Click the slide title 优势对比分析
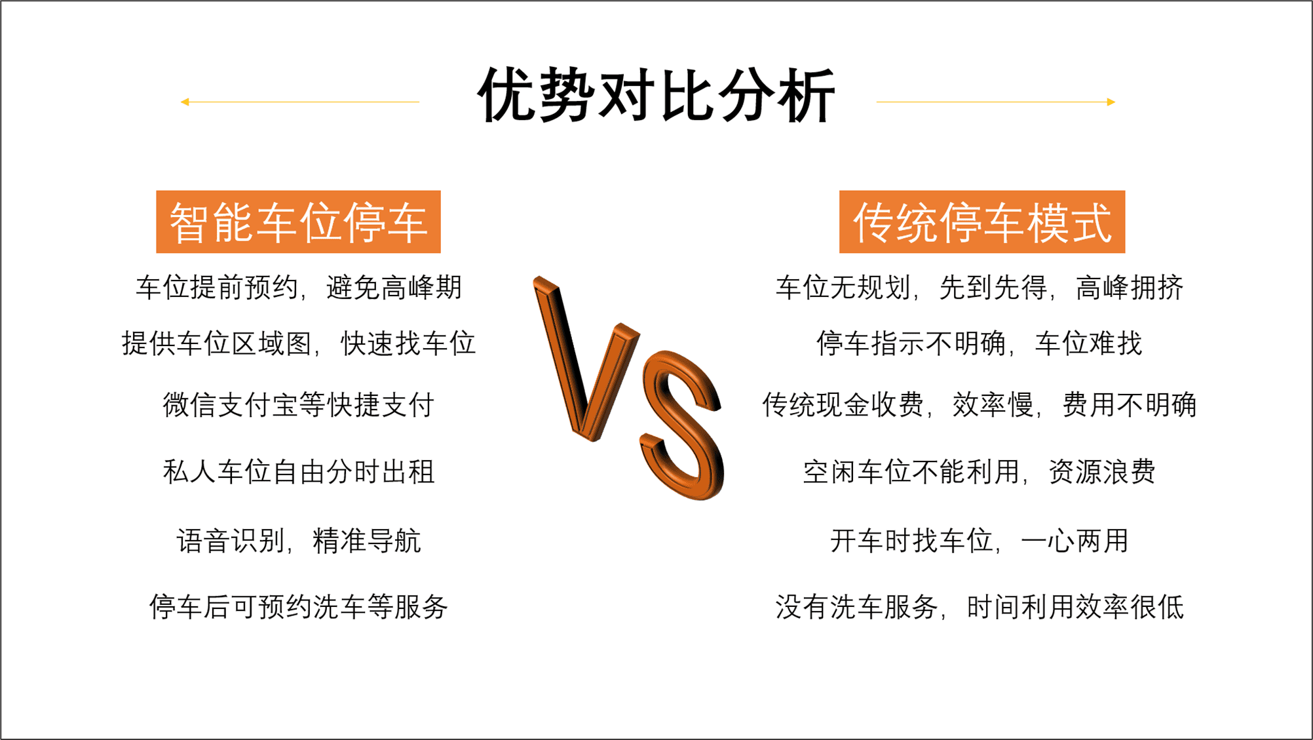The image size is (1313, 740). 656,96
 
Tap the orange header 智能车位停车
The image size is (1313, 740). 298,222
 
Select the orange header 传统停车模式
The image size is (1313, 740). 982,222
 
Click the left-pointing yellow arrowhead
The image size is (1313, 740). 185,102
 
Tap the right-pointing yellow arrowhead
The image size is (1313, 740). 1111,102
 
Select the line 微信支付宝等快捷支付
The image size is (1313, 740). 299,404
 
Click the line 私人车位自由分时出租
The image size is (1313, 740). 299,472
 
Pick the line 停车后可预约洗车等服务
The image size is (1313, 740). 299,606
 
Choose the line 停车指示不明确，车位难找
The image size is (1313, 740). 980,343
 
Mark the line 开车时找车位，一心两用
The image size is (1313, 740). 980,541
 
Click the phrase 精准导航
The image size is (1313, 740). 367,541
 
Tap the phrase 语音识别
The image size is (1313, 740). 231,541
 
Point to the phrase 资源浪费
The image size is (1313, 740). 1102,472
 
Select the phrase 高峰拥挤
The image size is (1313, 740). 1130,287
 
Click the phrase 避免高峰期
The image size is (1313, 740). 394,287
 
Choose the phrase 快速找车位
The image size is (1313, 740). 408,343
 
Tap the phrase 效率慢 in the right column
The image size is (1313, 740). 993,404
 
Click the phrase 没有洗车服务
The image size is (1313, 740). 857,606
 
